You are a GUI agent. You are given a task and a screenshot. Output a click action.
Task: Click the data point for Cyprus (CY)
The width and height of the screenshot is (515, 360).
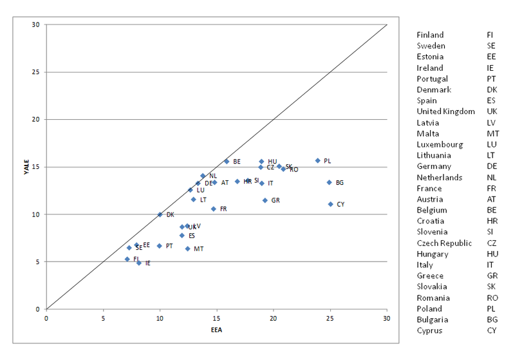[x=330, y=204]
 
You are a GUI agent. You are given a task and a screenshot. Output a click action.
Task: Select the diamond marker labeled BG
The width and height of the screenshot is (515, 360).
[x=329, y=182]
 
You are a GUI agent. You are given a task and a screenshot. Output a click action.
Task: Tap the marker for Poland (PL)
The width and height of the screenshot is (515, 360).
[x=317, y=160]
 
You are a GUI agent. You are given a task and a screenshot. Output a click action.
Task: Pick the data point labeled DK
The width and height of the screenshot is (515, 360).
[x=160, y=214]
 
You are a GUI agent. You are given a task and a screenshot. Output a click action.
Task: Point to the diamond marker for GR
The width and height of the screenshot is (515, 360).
[x=265, y=200]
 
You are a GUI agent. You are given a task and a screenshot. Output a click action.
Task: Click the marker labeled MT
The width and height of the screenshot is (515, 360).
[x=187, y=249]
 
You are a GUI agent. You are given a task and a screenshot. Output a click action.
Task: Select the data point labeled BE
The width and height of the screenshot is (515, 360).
[x=227, y=161]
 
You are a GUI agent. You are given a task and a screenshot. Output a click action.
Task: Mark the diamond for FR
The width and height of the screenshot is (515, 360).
[x=214, y=209]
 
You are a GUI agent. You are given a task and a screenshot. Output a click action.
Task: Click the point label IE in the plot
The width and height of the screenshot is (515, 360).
[x=148, y=263]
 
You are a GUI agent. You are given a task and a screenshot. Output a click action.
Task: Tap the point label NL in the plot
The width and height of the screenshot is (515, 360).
[x=213, y=176]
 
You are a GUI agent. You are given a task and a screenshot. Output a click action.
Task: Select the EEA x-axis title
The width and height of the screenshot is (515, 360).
[x=216, y=330]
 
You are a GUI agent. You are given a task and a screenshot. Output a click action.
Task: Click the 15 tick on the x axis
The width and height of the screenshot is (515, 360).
[x=216, y=318]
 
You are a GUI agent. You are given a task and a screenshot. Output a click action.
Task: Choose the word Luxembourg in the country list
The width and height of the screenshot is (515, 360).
[x=439, y=144]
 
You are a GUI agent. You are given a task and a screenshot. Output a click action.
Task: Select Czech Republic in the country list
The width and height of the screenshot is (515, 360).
[x=444, y=243]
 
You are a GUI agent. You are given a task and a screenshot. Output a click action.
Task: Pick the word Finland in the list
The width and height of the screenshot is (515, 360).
[x=430, y=35]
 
